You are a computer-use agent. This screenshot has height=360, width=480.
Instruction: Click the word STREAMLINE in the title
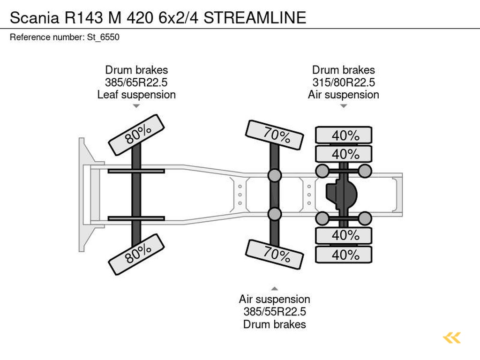pyautogui.click(x=255, y=17)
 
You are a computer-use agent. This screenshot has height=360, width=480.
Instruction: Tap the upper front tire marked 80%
pyautogui.click(x=136, y=135)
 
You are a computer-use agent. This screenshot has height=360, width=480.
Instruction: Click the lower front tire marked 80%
pyautogui.click(x=136, y=254)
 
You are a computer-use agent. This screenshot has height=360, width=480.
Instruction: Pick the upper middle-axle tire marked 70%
pyautogui.click(x=275, y=135)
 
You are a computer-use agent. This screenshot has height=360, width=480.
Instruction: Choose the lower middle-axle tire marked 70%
pyautogui.click(x=275, y=255)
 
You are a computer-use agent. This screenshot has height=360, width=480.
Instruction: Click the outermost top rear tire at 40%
pyautogui.click(x=344, y=135)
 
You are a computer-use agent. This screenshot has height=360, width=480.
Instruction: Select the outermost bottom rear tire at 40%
pyautogui.click(x=344, y=255)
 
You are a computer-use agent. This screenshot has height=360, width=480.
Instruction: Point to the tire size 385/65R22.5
pyautogui.click(x=136, y=82)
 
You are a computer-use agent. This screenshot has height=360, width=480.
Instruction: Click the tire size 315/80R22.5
pyautogui.click(x=344, y=82)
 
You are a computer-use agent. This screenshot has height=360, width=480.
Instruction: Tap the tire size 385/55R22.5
pyautogui.click(x=275, y=312)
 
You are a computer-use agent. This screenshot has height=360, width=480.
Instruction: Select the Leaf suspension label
pyautogui.click(x=136, y=95)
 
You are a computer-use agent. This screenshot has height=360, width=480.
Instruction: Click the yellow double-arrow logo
pyautogui.click(x=452, y=337)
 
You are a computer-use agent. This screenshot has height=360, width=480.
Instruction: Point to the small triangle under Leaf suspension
pyautogui.click(x=136, y=106)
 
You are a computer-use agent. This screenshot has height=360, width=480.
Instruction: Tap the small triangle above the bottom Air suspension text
pyautogui.click(x=275, y=289)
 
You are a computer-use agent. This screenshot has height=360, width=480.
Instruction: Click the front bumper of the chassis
pyautogui.click(x=83, y=195)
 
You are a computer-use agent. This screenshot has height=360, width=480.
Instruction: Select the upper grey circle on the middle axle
pyautogui.click(x=275, y=175)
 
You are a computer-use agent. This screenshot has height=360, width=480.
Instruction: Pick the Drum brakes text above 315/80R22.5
pyautogui.click(x=344, y=70)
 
